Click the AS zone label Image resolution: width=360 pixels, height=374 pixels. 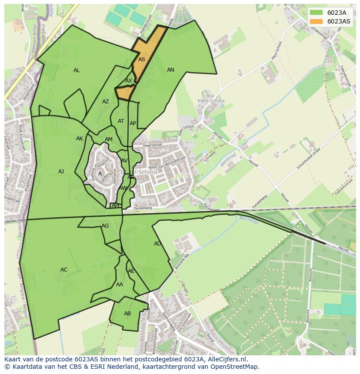(x=142, y=60)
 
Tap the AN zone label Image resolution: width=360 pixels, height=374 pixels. (x=170, y=70)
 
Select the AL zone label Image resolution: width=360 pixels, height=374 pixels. (x=77, y=70)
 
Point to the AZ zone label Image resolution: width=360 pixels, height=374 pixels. (x=106, y=102)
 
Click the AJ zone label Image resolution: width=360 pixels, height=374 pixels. (x=61, y=172)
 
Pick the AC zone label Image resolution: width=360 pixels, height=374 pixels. (x=64, y=270)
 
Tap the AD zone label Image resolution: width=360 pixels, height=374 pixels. (x=157, y=244)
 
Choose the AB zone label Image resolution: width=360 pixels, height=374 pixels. (x=127, y=314)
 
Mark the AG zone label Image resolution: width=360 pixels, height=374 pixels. (x=105, y=226)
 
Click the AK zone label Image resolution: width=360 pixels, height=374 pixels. (x=80, y=139)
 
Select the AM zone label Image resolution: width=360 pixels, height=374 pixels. (x=109, y=139)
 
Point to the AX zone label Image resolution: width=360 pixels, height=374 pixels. (x=129, y=81)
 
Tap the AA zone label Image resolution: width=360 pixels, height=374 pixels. (x=120, y=285)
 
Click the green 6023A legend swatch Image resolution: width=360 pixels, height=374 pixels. (x=316, y=13)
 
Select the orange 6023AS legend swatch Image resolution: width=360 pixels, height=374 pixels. (x=316, y=21)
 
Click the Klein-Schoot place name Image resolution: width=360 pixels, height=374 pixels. (x=211, y=101)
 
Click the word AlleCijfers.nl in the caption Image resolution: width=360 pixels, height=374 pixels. (x=226, y=359)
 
